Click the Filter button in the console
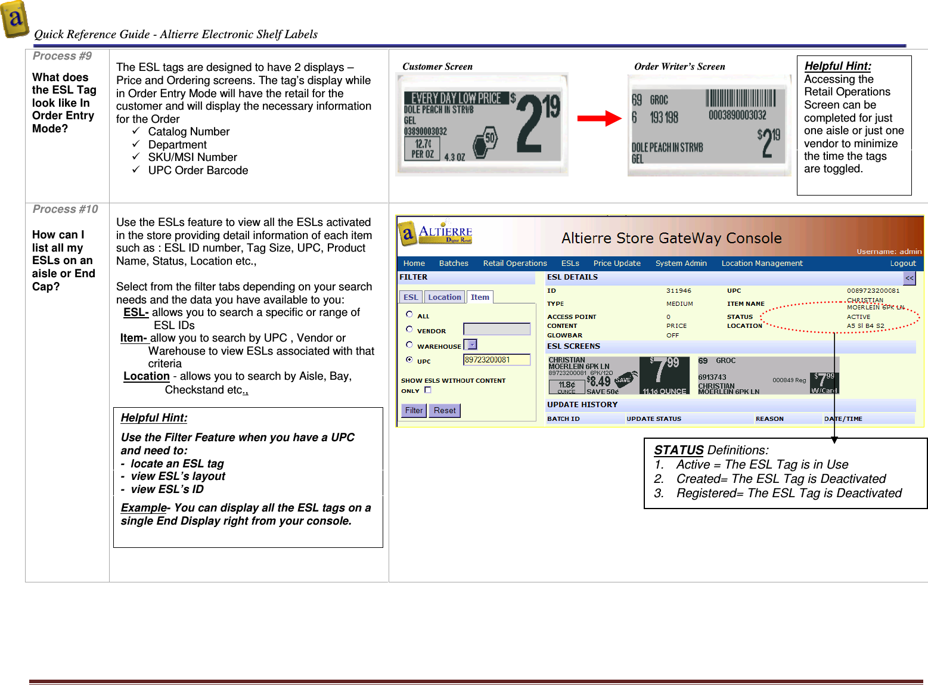414,410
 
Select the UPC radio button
409,359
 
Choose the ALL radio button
409,314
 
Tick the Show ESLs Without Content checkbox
427,390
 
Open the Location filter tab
445,297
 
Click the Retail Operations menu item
514,263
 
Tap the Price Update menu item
616,263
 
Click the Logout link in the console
902,263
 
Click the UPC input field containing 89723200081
496,359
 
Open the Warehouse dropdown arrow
472,345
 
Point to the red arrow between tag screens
598,118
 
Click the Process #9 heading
62,56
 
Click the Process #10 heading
65,209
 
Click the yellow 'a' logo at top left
15,19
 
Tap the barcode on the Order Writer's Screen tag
741,98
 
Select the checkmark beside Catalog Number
136,131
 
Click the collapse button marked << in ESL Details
909,278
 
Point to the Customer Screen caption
437,67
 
